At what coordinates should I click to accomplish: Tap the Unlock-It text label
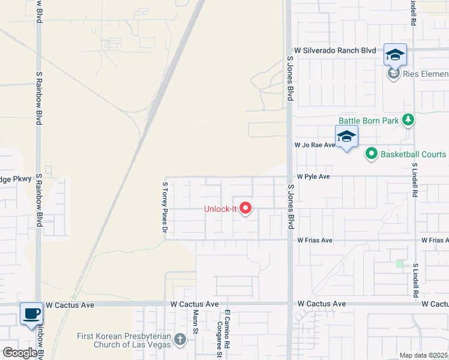[221, 209]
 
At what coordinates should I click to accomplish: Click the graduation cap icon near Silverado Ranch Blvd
[395, 55]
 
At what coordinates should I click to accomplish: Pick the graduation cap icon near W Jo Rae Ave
[346, 137]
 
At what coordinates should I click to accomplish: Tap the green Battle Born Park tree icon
[408, 121]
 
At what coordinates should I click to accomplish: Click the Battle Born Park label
[369, 121]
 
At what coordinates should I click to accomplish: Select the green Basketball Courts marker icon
[371, 154]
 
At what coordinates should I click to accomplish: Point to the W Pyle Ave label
[314, 177]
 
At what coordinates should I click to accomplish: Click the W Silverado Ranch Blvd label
[335, 52]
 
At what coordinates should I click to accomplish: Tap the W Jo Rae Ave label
[315, 145]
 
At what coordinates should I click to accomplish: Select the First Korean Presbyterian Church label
[125, 340]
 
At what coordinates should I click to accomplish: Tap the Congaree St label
[220, 333]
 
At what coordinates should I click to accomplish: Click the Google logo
[20, 353]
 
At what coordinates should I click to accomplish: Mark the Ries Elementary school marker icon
[393, 74]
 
